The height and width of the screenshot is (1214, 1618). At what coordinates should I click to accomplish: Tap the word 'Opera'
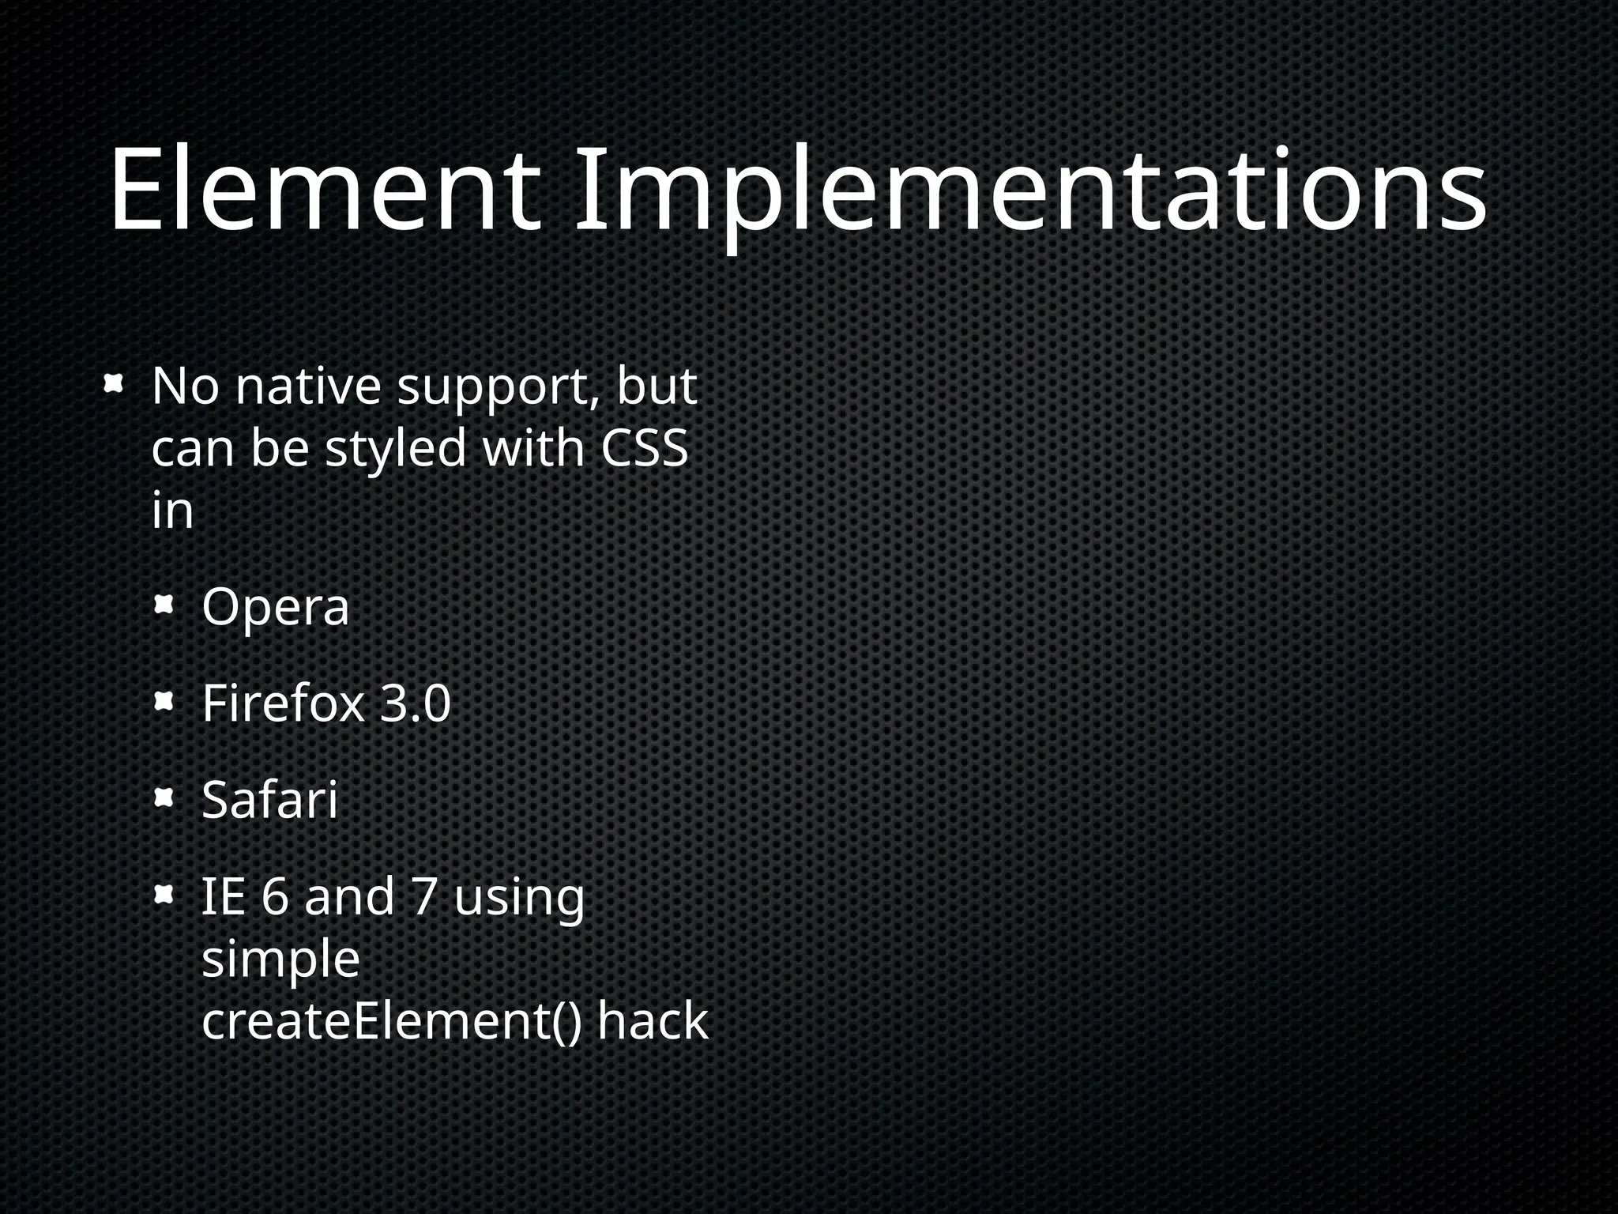coord(275,609)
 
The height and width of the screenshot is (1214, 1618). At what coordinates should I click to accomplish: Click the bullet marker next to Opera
coord(164,607)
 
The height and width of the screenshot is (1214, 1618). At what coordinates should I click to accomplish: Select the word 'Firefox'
coord(283,703)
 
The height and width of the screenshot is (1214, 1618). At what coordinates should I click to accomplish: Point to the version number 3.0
coord(416,703)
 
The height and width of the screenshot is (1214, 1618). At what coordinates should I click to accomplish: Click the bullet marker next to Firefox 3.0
coord(164,702)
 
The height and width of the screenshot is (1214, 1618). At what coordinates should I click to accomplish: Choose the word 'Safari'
coord(270,800)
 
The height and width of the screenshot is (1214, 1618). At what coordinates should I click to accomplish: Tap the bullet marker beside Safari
coord(164,799)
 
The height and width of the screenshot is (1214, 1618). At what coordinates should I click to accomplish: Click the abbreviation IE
coord(223,897)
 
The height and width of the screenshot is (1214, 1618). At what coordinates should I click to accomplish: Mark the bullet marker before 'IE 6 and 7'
coord(164,895)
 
